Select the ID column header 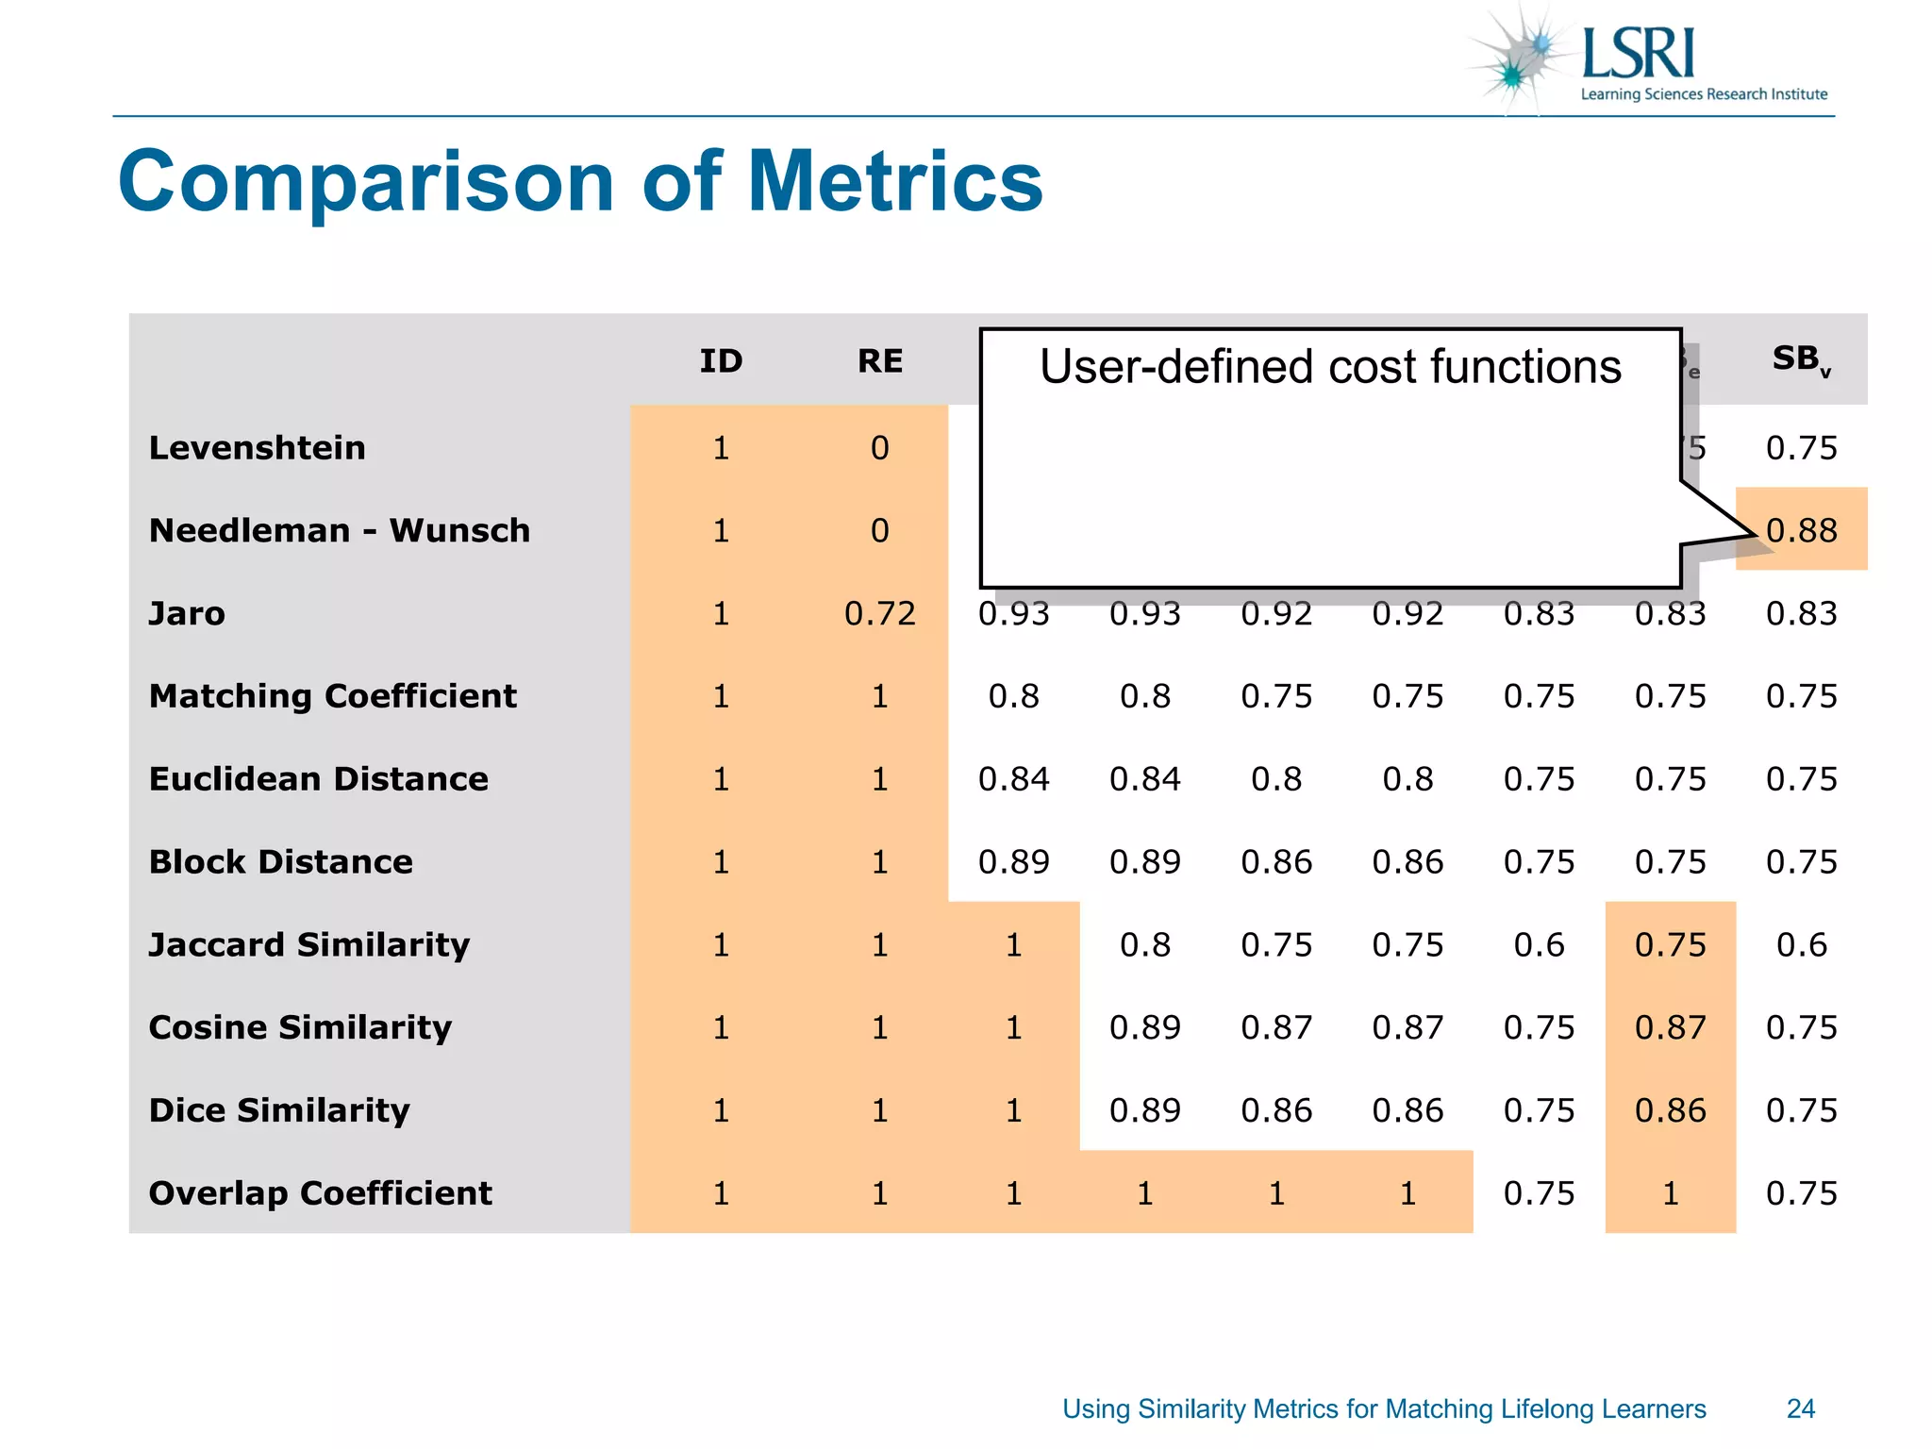pos(721,360)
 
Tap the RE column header pos(879,360)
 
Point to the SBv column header pos(1800,359)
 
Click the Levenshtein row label pos(257,447)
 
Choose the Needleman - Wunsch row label pos(340,530)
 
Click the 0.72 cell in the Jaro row pos(879,613)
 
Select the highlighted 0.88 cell pos(1801,530)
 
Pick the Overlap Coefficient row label pos(320,1193)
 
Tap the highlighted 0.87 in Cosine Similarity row pos(1670,1027)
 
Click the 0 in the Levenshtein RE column pos(879,447)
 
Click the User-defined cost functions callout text pos(1329,367)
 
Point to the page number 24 pos(1800,1408)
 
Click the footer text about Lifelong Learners pos(1383,1408)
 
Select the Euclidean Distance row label pos(318,779)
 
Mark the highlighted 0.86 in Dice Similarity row pos(1670,1110)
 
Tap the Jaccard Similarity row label pos(308,944)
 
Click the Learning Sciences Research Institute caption pos(1703,94)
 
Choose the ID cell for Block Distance pos(721,861)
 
